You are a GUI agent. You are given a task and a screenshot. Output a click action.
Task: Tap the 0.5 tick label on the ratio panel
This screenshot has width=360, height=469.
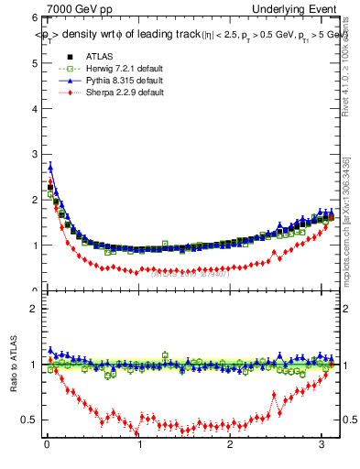point(28,420)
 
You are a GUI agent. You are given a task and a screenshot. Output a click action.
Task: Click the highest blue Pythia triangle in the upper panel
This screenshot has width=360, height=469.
point(50,167)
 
